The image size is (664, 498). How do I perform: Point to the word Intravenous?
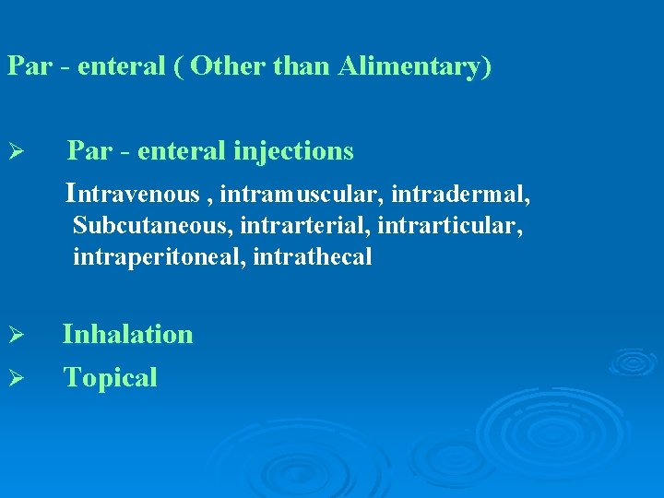[x=133, y=194]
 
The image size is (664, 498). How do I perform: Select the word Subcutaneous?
[x=136, y=226]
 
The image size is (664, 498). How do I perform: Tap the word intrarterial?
[x=282, y=226]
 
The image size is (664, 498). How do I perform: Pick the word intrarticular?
[x=452, y=226]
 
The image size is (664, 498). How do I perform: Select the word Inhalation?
[x=128, y=334]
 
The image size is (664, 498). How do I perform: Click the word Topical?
[x=110, y=377]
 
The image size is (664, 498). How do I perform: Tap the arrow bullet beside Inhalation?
[x=14, y=335]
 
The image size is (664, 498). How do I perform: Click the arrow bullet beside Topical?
[x=14, y=378]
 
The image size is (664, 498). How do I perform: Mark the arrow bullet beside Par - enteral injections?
[x=14, y=150]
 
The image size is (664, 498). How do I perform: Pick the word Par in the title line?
[x=26, y=67]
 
